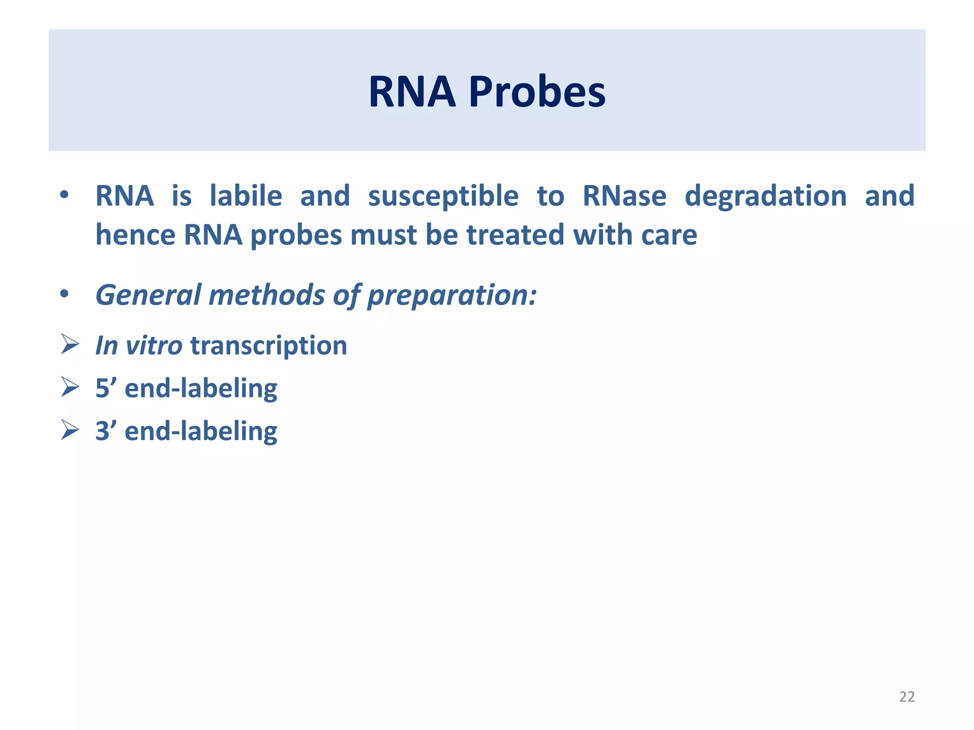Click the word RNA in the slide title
coord(412,92)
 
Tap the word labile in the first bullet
coord(246,196)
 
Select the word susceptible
coord(443,197)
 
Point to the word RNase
coord(624,196)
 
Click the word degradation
coord(766,197)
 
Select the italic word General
coord(148,295)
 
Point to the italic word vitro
coord(154,346)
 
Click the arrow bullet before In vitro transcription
coord(69,344)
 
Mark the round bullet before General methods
coord(64,295)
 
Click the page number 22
coord(906,697)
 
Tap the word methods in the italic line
coord(267,295)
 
